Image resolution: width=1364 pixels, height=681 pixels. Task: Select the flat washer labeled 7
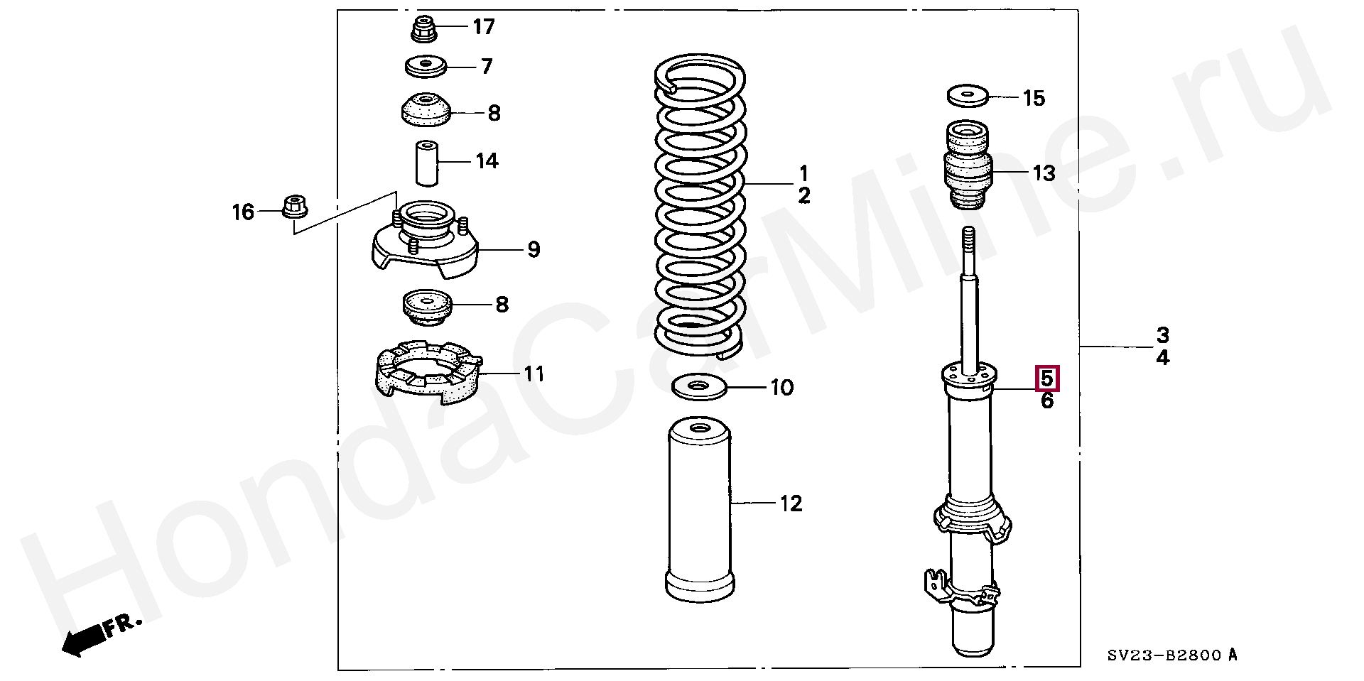426,67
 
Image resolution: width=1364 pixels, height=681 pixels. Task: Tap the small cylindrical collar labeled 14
426,163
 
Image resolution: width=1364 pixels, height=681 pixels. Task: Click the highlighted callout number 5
1047,378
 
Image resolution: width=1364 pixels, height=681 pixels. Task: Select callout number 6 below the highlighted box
1047,401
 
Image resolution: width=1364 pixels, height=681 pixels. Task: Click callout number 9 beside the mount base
533,249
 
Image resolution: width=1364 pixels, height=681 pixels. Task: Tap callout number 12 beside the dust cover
791,503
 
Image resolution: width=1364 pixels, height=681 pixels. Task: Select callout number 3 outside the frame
1162,334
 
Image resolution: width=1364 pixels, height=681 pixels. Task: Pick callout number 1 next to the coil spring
803,173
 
